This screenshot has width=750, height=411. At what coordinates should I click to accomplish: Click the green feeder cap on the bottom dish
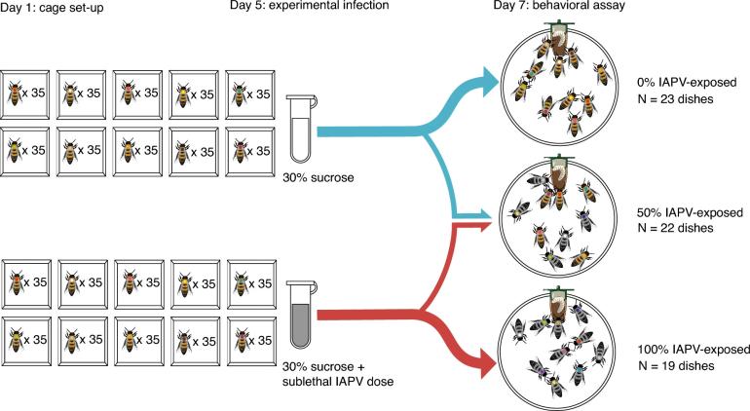558,289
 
